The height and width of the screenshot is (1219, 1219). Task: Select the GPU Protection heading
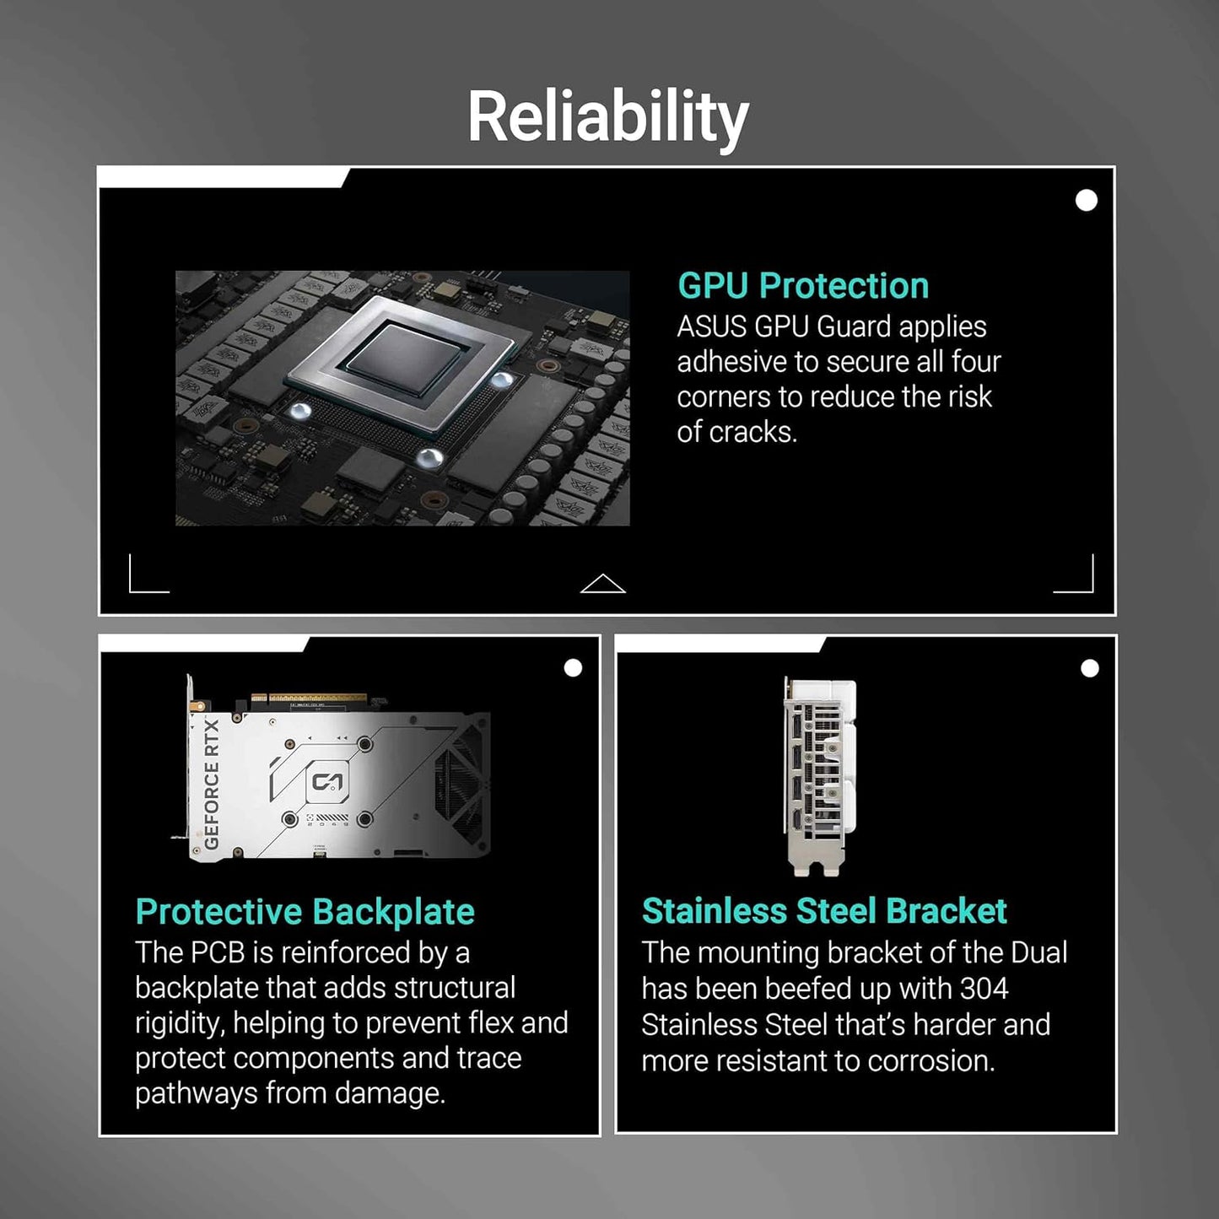pos(803,286)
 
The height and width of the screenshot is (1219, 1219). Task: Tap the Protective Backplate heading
pos(305,912)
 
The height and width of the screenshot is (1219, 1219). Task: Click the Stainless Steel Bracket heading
pos(824,911)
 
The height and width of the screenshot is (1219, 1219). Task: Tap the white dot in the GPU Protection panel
pos(1087,200)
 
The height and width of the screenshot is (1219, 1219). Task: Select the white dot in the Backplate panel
pos(573,668)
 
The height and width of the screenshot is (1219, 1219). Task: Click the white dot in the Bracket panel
pos(1090,668)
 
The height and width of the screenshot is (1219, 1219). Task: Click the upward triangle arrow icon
pos(603,584)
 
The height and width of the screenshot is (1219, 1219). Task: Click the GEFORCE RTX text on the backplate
pos(212,783)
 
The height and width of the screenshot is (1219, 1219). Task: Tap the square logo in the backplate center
pos(328,782)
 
